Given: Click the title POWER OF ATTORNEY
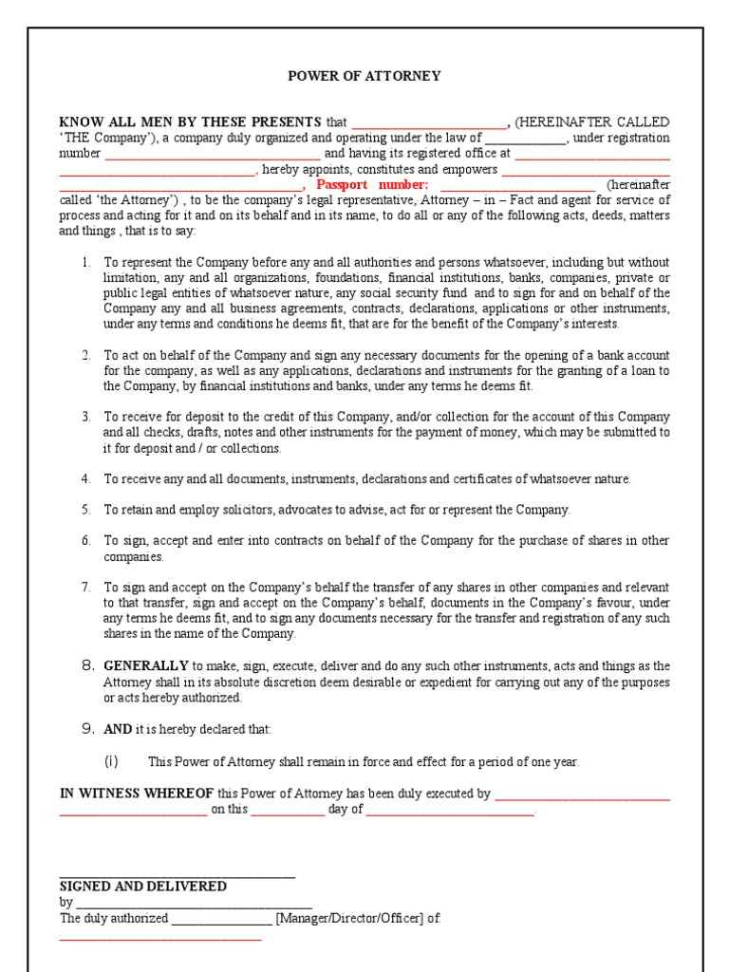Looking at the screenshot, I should [x=364, y=76].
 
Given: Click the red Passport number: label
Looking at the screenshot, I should [x=372, y=184].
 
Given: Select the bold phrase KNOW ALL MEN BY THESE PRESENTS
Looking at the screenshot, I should [x=191, y=122].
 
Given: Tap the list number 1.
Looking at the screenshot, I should [x=85, y=262].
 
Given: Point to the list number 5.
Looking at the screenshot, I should [x=85, y=510].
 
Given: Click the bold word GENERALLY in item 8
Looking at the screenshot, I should [x=146, y=666].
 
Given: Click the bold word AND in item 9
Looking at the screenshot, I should [x=117, y=729].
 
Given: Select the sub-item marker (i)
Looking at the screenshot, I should [x=111, y=761].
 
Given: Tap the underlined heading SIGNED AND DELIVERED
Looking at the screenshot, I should [x=143, y=886].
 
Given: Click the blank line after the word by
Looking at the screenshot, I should [x=194, y=904].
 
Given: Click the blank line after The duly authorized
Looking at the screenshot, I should [x=221, y=920].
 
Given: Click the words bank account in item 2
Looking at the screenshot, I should [x=633, y=355].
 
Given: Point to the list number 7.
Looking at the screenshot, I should [x=85, y=588].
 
